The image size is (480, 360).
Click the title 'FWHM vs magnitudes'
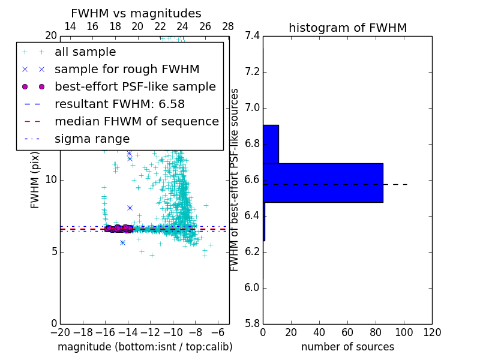pyautogui.click(x=136, y=14)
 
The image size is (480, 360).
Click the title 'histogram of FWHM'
pyautogui.click(x=347, y=28)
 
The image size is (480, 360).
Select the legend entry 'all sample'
pyautogui.click(x=85, y=52)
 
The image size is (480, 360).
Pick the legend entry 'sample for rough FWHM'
pyautogui.click(x=127, y=70)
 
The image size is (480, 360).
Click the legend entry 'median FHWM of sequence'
pyautogui.click(x=136, y=122)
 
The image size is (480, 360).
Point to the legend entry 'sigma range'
pyautogui.click(x=92, y=139)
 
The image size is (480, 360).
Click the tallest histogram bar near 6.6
pyautogui.click(x=323, y=182)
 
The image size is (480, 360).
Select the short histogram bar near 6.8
pyautogui.click(x=271, y=144)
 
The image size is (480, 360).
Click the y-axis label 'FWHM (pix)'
pyautogui.click(x=35, y=179)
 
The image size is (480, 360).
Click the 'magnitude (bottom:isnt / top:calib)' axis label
pyautogui.click(x=145, y=347)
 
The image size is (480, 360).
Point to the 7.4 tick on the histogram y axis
pyautogui.click(x=251, y=36)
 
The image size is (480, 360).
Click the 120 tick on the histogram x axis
pyautogui.click(x=432, y=332)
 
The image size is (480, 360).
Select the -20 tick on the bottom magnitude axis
pyautogui.click(x=60, y=332)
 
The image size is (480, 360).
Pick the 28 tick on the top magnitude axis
pyautogui.click(x=228, y=27)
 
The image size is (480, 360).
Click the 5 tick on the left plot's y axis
pyautogui.click(x=53, y=251)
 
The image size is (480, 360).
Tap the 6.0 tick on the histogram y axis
pyautogui.click(x=251, y=287)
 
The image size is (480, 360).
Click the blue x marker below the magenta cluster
pyautogui.click(x=122, y=242)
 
